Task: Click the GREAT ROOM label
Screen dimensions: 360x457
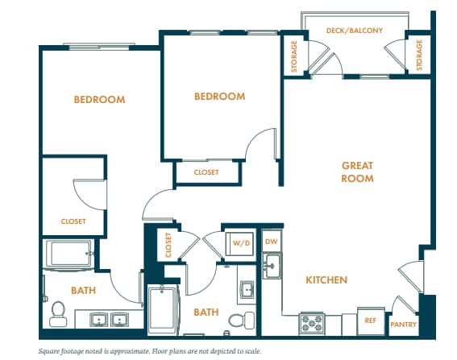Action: (x=357, y=172)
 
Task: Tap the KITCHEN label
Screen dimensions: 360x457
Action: (x=326, y=280)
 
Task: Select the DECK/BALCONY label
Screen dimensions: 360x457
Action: (x=354, y=31)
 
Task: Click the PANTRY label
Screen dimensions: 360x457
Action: (x=403, y=325)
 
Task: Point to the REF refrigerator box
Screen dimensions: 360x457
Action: (x=370, y=320)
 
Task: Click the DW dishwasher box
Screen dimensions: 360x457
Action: (x=272, y=241)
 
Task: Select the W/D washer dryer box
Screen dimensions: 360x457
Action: (x=241, y=242)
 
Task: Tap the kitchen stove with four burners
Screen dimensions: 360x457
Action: (x=311, y=324)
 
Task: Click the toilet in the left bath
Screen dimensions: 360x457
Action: (x=57, y=312)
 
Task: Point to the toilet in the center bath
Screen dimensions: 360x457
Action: (x=236, y=321)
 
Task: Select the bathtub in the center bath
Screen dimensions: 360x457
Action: (x=166, y=310)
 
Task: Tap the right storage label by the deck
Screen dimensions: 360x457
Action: (x=419, y=55)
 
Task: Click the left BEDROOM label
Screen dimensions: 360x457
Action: (x=99, y=100)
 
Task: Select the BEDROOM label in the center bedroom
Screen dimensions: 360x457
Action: (x=219, y=97)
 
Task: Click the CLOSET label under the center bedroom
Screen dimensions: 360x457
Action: (x=206, y=172)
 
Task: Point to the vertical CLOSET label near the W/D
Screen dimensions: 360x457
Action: (x=168, y=245)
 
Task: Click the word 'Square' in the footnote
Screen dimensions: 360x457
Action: (x=52, y=351)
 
